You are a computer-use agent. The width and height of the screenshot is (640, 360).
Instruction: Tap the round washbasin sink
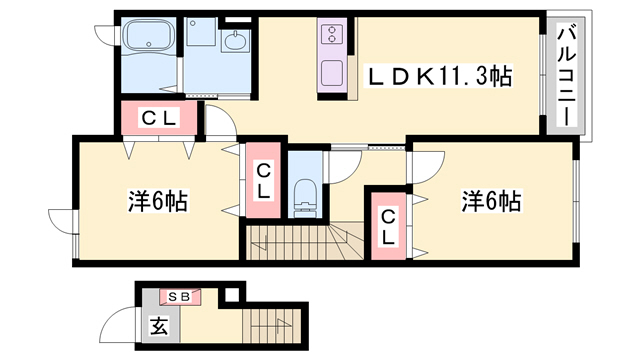[236, 41]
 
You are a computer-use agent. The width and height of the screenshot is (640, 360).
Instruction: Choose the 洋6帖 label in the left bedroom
[157, 200]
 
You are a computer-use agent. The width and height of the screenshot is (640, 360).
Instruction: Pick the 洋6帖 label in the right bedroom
[490, 200]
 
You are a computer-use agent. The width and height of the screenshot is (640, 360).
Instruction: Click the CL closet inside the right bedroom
[388, 228]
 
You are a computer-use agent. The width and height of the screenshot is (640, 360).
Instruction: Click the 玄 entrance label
[157, 325]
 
